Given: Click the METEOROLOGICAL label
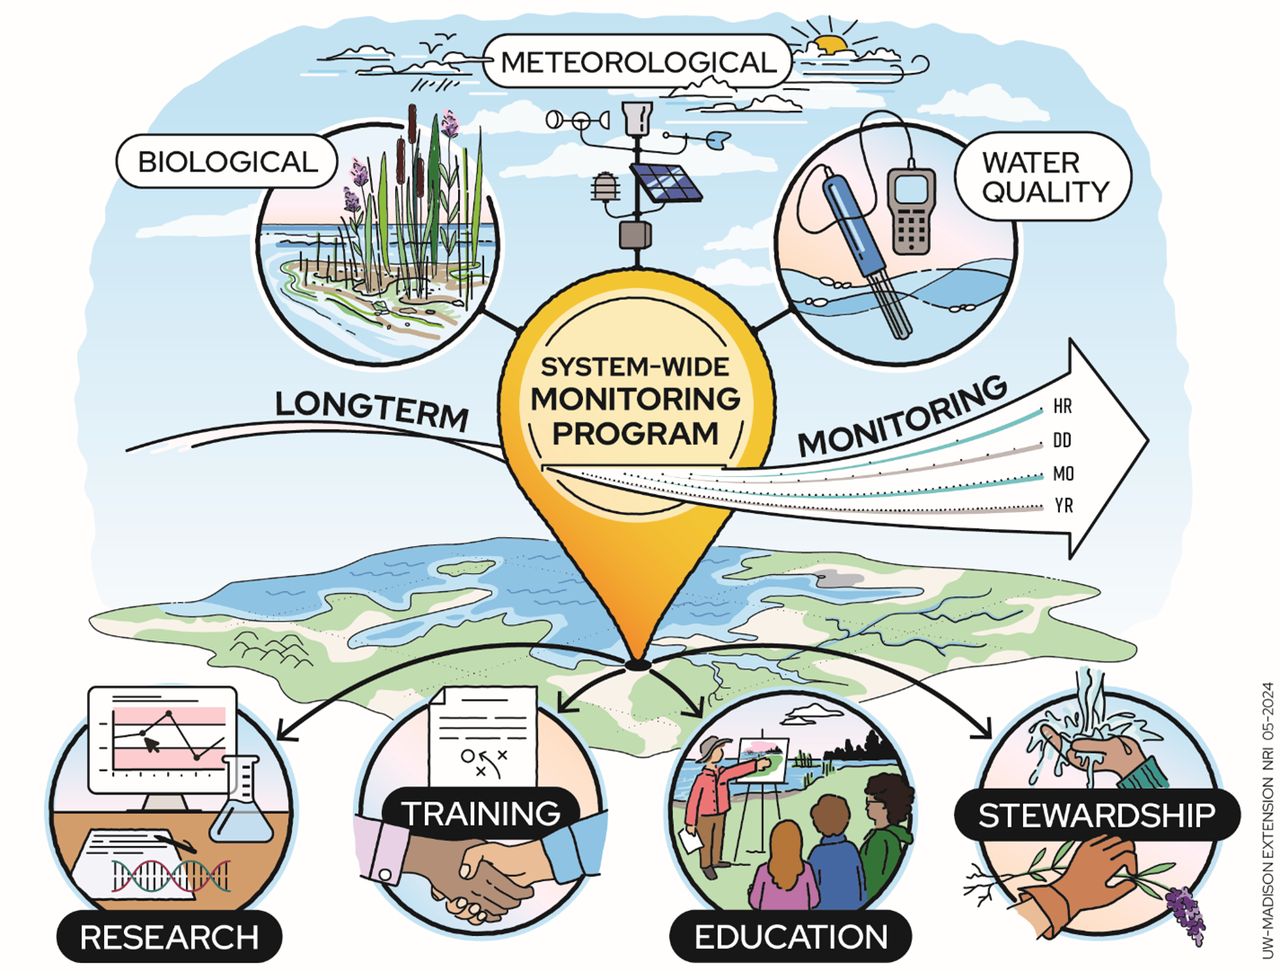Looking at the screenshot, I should [637, 62].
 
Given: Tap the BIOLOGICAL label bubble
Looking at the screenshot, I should [226, 162].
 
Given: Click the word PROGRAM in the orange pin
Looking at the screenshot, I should [635, 433].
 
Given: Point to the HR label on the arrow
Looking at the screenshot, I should [1063, 407].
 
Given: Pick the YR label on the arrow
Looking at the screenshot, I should [1064, 506].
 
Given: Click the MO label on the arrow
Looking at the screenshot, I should [1063, 473].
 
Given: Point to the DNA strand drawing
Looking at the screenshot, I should [171, 876].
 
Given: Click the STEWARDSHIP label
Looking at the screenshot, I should [1096, 816].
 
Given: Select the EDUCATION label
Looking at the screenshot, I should [790, 937].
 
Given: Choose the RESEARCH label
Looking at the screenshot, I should [170, 938].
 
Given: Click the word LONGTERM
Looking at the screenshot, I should [372, 410].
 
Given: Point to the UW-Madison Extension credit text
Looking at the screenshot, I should [1267, 817].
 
